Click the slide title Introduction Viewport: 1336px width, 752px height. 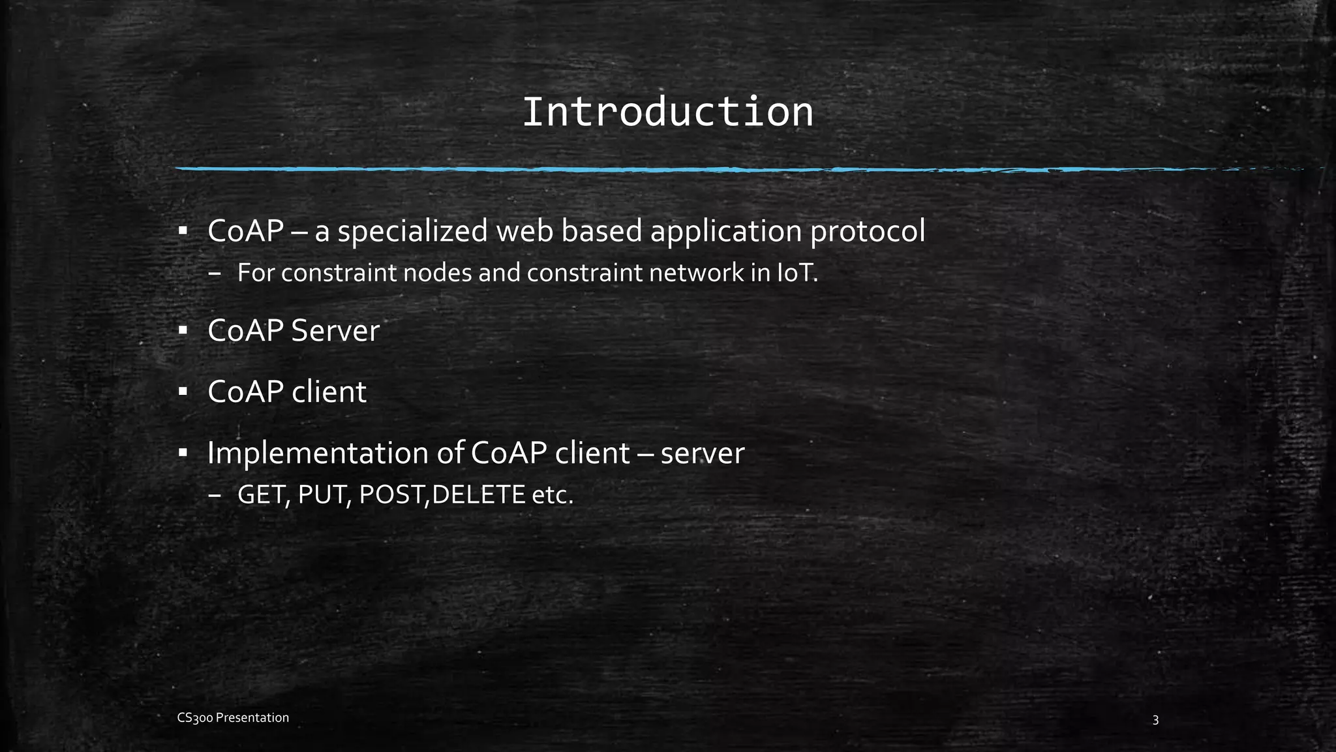coord(667,112)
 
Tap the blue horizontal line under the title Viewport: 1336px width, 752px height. coord(652,169)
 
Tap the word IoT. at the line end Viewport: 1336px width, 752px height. coord(797,273)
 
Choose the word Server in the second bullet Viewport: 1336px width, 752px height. coord(335,331)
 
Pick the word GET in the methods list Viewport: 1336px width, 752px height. coord(263,495)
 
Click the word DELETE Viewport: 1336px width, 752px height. coord(478,495)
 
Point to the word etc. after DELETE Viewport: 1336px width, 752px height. coord(553,495)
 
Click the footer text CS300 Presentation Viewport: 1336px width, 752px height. coord(233,718)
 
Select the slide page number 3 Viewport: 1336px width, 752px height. coord(1155,721)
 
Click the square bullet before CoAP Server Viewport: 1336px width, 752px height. coord(183,331)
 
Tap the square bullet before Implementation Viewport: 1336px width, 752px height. coord(183,452)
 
